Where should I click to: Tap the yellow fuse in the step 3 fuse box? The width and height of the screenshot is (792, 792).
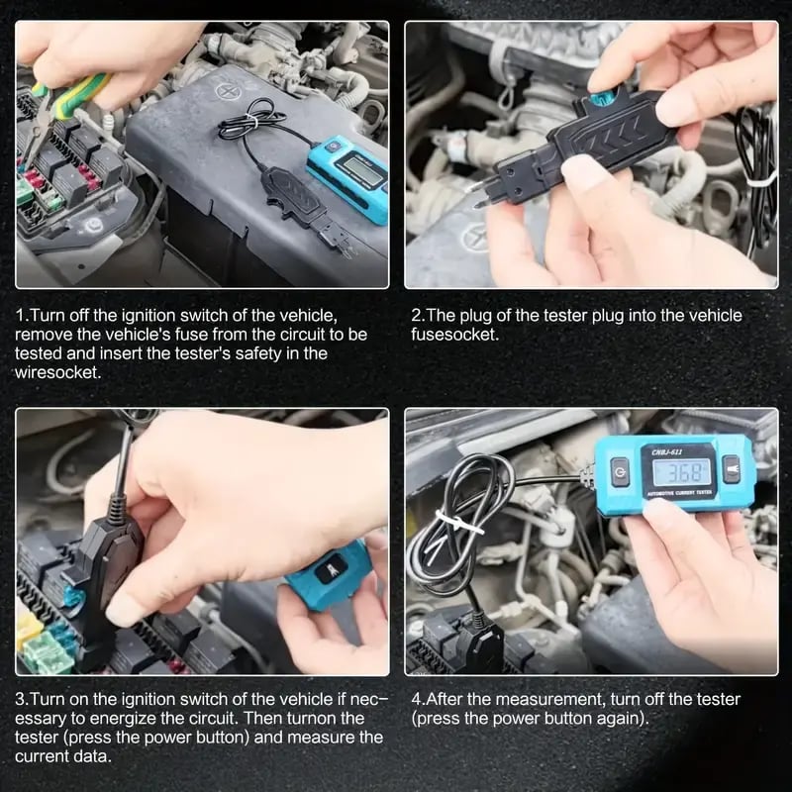[29, 628]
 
